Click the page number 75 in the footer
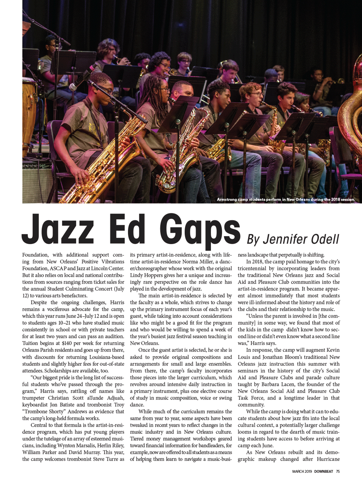(x=338, y=471)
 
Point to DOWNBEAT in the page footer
(x=323, y=471)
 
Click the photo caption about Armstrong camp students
(x=285, y=199)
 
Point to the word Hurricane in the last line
(x=328, y=459)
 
